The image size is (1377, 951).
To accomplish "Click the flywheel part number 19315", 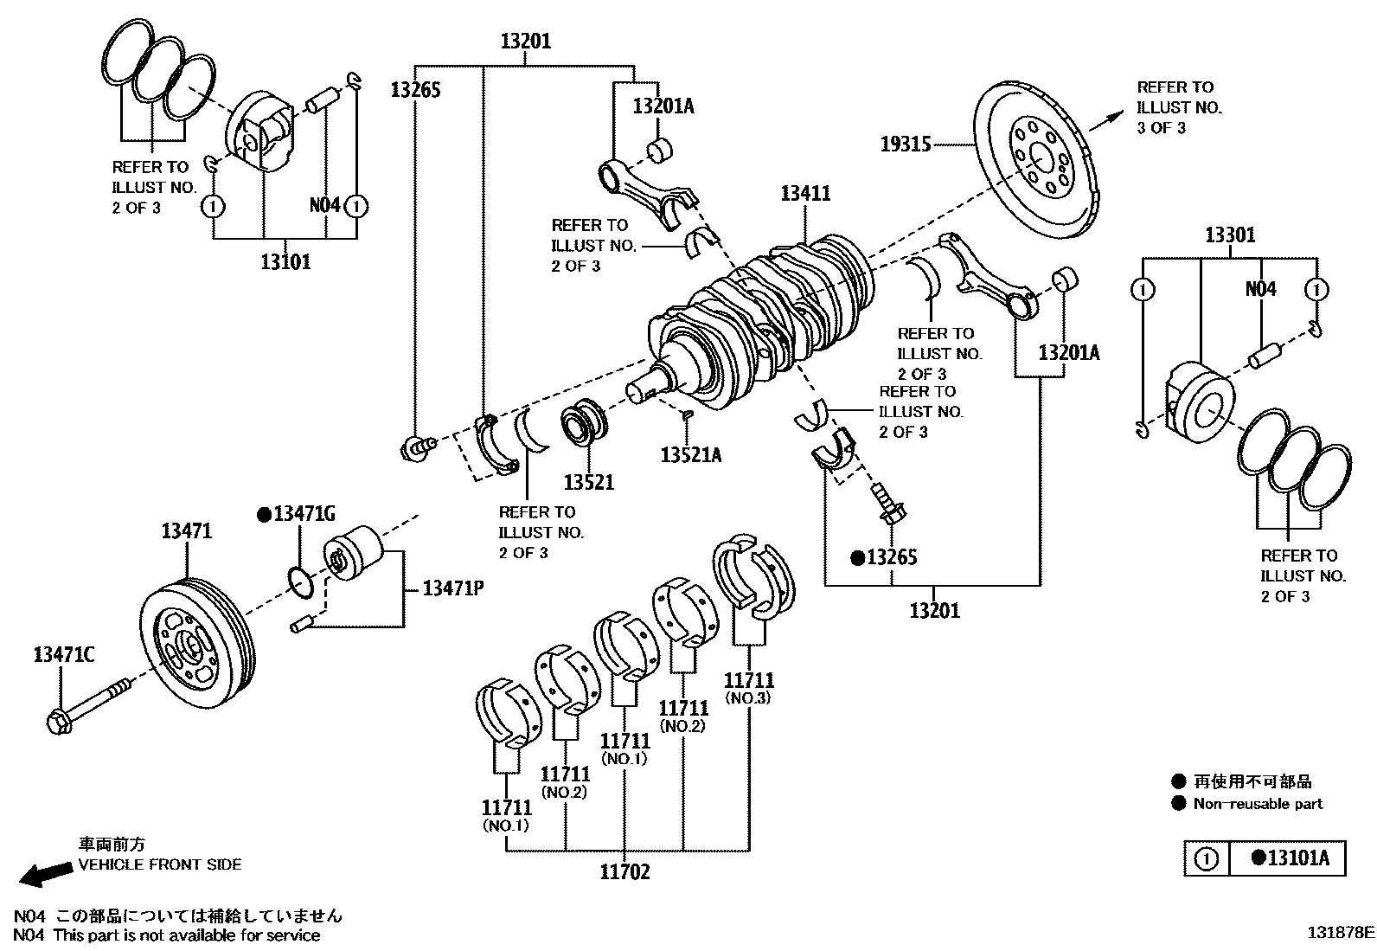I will coord(905,144).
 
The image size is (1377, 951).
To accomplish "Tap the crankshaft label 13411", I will coord(805,193).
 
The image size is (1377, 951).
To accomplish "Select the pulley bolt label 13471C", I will coord(63,655).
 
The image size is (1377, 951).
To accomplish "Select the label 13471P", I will coord(452,588).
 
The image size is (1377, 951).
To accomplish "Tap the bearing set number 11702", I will coord(624,872).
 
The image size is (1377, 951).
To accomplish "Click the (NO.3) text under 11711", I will coord(748,698).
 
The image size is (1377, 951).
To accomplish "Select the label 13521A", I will coord(690,454).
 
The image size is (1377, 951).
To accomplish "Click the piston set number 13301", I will coord(1230,235).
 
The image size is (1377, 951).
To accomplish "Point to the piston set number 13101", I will coord(285,261).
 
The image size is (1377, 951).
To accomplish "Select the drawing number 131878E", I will coord(1339,933).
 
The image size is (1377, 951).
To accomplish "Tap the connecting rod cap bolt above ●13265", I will coord(887,504).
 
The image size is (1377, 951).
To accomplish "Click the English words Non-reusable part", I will coord(1258,804).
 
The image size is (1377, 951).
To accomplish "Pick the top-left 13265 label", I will coord(415,89).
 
